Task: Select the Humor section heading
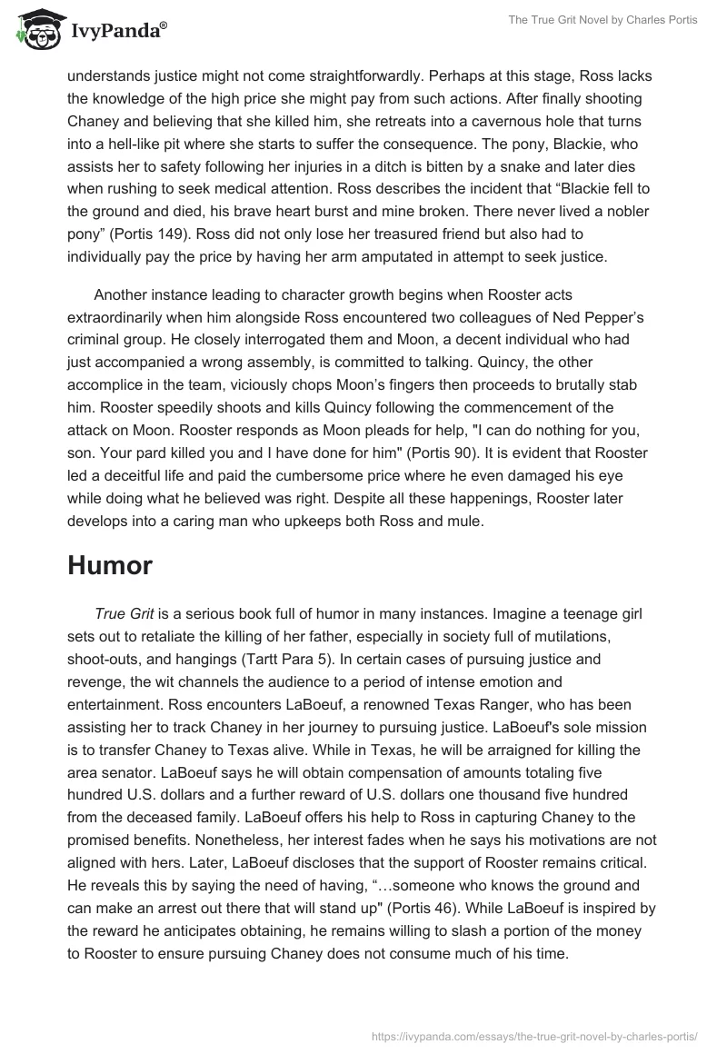tap(110, 565)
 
